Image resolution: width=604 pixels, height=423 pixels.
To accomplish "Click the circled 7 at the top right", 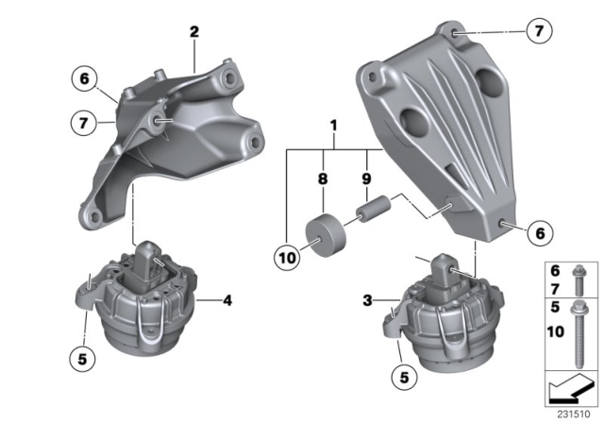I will (x=536, y=32).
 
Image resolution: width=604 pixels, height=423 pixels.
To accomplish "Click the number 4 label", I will (x=226, y=302).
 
